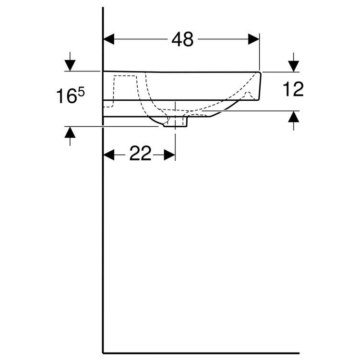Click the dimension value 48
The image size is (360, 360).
pyautogui.click(x=182, y=40)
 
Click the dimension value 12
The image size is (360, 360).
pyautogui.click(x=292, y=89)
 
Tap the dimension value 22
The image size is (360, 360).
pyautogui.click(x=140, y=155)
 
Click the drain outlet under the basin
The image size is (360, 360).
pyautogui.click(x=175, y=123)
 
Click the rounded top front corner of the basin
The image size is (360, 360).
pyautogui.click(x=259, y=73)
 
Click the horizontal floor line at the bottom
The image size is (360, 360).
pyautogui.click(x=202, y=353)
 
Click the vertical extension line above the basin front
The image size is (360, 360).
pyautogui.click(x=260, y=53)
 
